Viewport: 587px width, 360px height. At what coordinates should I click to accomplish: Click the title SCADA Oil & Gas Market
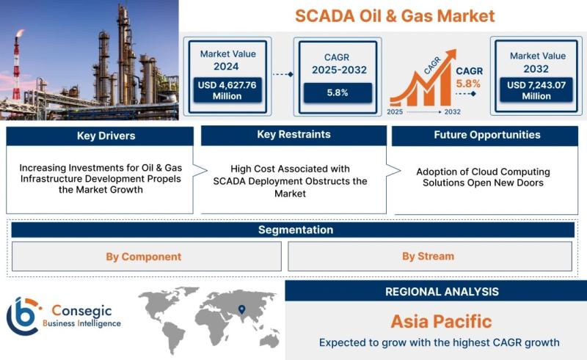tap(395, 16)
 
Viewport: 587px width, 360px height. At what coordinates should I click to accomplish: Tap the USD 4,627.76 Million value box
tap(227, 90)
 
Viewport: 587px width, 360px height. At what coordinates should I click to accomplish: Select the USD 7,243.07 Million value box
tap(536, 90)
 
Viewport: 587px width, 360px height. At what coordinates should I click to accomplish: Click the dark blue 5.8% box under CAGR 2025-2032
tap(338, 93)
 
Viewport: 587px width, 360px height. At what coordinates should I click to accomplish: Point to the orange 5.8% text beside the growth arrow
tap(468, 84)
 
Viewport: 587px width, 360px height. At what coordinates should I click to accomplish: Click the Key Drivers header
tap(100, 136)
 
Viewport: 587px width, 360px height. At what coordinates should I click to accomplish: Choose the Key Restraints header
tap(294, 135)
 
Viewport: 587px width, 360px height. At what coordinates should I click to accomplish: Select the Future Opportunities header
tap(485, 136)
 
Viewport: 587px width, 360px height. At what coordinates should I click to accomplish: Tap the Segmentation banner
tap(293, 229)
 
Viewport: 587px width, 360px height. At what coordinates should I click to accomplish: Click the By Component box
tap(146, 257)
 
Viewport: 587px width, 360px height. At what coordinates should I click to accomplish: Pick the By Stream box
tap(430, 257)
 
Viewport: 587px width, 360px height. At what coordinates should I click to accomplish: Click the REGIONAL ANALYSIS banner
tap(436, 291)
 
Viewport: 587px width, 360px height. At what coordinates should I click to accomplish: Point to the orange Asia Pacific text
tap(442, 321)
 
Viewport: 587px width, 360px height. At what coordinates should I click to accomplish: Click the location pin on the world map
tap(242, 309)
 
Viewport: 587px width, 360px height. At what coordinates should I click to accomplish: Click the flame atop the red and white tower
tap(20, 33)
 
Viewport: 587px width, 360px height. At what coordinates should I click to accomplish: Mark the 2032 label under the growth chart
tap(452, 111)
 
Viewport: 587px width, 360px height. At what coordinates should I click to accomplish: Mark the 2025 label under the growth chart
tap(395, 111)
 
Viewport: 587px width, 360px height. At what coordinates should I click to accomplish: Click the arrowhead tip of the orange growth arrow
tap(456, 50)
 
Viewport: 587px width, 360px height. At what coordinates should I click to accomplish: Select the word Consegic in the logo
tap(81, 310)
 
